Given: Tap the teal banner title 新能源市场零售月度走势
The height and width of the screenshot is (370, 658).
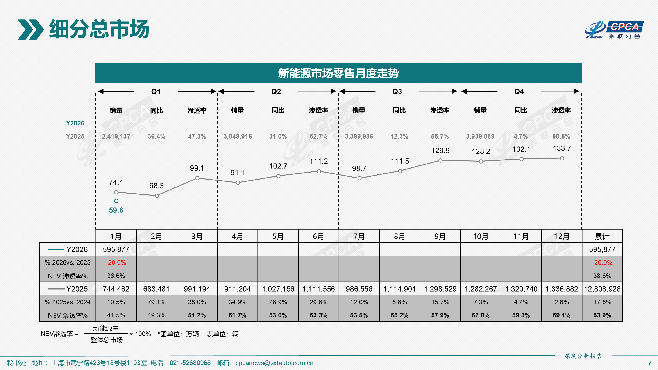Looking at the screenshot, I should pyautogui.click(x=338, y=73).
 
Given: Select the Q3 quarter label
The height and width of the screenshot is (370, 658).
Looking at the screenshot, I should pyautogui.click(x=397, y=92).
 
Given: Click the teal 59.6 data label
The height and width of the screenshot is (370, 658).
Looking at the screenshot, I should pyautogui.click(x=116, y=210).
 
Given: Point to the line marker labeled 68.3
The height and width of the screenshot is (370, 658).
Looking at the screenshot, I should pyautogui.click(x=157, y=196).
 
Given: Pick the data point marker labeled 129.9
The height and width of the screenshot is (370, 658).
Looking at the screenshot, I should pyautogui.click(x=440, y=161).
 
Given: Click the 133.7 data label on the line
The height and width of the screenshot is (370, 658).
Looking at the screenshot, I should pyautogui.click(x=562, y=148).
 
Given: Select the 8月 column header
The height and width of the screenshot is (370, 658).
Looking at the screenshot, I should pyautogui.click(x=399, y=237).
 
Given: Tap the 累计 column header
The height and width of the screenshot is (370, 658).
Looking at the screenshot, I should pyautogui.click(x=602, y=237).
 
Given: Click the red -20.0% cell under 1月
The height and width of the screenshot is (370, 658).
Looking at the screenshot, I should pyautogui.click(x=116, y=263).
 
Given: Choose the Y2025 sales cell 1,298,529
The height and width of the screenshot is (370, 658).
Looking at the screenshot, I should pyautogui.click(x=440, y=289).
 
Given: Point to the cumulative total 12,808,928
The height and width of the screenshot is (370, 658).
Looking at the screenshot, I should pyautogui.click(x=602, y=289).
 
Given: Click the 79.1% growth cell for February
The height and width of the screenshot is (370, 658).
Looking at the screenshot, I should pyautogui.click(x=156, y=302).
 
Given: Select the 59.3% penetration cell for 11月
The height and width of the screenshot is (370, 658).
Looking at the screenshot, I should pyautogui.click(x=521, y=315).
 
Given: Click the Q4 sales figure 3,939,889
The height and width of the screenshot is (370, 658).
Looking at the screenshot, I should pyautogui.click(x=480, y=136).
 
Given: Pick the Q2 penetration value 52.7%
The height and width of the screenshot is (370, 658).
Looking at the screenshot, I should pyautogui.click(x=318, y=136).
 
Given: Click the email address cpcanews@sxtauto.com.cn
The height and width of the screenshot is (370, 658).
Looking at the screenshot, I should pyautogui.click(x=274, y=363).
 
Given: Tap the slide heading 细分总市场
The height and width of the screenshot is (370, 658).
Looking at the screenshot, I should pyautogui.click(x=99, y=29).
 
